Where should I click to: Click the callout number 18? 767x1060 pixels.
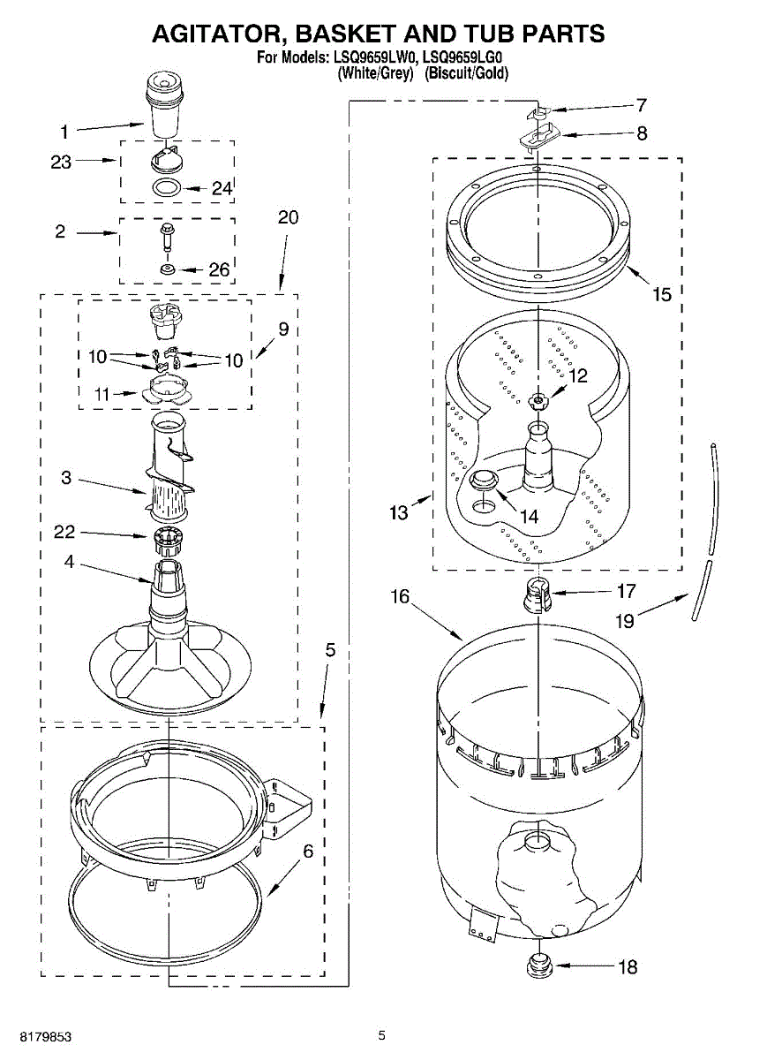pos(627,966)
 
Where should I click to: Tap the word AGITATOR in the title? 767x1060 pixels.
pos(215,34)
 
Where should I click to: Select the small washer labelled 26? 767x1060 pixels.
pos(167,268)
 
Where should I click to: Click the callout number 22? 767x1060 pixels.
pos(64,532)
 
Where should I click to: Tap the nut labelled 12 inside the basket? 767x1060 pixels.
pos(538,402)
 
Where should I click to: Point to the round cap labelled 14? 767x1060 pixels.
pos(484,481)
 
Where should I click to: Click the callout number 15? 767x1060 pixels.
pos(662,294)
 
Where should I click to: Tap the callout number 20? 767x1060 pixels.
pos(289,217)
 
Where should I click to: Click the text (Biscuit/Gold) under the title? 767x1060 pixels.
pos(467,74)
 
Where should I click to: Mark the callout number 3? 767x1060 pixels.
pos(66,478)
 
